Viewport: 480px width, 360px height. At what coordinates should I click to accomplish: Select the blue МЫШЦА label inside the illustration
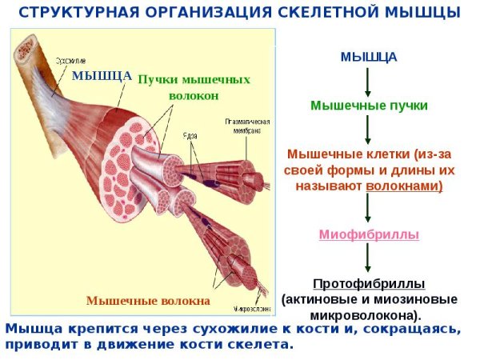(102, 76)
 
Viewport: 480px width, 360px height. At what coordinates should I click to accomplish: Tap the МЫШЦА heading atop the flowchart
(368, 58)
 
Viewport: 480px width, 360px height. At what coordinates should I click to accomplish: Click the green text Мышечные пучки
(369, 105)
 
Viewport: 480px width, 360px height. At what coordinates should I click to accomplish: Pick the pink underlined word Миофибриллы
(369, 234)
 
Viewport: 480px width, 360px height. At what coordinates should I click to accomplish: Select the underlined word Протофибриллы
(369, 284)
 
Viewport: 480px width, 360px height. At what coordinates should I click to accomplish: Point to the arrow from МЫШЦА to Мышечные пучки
(368, 81)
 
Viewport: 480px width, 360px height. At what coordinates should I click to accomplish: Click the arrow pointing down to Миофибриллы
(368, 210)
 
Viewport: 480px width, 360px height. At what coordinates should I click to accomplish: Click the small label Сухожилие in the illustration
(71, 60)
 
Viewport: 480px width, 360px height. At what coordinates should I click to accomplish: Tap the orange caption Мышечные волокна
(147, 301)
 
